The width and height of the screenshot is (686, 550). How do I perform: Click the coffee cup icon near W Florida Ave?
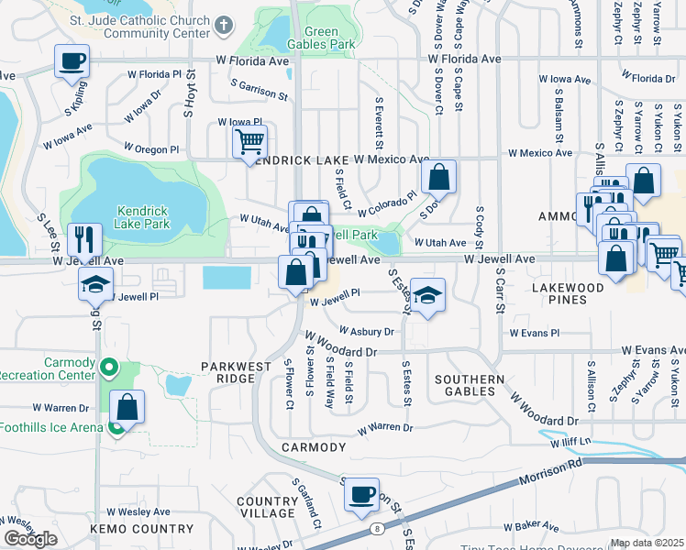coord(72,61)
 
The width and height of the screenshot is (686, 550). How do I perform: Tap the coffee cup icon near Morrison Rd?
coord(361,495)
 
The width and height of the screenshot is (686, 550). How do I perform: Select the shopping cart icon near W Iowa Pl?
coord(249,143)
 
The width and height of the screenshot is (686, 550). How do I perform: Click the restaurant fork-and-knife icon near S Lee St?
coord(83,240)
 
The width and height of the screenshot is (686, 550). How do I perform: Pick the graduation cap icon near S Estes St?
coord(426,295)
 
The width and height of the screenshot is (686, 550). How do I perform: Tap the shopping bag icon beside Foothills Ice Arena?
coord(128,407)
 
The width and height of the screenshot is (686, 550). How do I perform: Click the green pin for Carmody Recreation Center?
coord(109,368)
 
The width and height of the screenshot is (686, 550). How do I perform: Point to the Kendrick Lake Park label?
coord(143,215)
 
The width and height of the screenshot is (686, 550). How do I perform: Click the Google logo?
coord(30,539)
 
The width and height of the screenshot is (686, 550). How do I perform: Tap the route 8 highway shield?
coord(376,528)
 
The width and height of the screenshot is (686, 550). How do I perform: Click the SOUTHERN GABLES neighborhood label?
coord(469,386)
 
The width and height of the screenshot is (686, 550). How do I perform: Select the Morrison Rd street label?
coord(548,479)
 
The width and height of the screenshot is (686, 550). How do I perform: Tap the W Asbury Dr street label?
coord(366,332)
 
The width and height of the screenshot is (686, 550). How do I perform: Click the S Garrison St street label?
coord(260,89)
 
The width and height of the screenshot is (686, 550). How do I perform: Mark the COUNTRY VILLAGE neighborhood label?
coord(267,508)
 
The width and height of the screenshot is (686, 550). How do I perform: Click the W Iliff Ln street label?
coord(574,443)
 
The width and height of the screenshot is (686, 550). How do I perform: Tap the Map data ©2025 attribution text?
coord(647,543)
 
